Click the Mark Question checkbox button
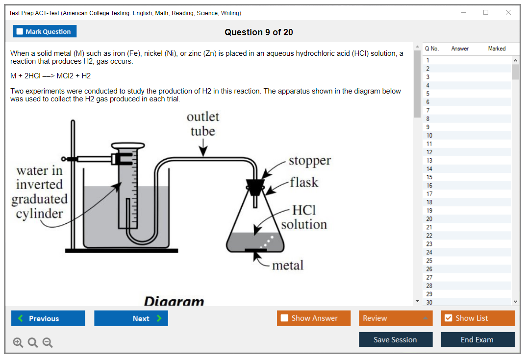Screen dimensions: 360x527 (x=45, y=31)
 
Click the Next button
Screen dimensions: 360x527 (x=131, y=318)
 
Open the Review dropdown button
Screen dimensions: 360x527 (x=396, y=318)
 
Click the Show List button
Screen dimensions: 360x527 (x=477, y=318)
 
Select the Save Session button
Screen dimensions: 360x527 (x=396, y=339)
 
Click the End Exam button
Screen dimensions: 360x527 (x=477, y=339)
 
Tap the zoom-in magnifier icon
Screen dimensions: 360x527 (x=18, y=343)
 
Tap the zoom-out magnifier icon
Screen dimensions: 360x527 (x=48, y=343)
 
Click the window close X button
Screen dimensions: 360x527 (x=508, y=13)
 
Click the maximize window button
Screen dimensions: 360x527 (x=486, y=13)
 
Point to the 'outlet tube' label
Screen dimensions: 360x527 (x=202, y=124)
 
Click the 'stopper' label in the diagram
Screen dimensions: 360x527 (x=309, y=161)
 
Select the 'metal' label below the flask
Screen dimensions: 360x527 (x=288, y=265)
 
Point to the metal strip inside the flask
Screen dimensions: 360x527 (x=255, y=250)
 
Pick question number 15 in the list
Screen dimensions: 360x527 (x=429, y=177)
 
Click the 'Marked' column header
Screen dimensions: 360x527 (x=497, y=48)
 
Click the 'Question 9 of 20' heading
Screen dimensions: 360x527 (x=259, y=32)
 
